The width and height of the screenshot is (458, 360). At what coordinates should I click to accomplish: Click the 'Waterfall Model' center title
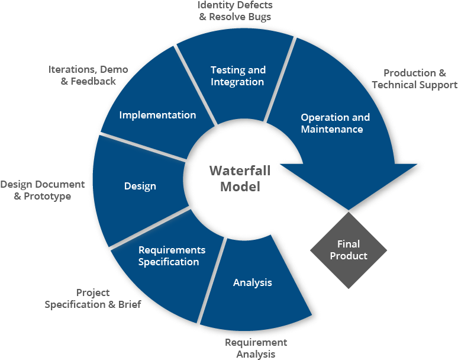tap(240, 178)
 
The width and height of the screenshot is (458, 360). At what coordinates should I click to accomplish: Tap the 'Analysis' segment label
tap(253, 282)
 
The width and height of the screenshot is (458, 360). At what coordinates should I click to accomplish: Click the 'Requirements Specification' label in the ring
tap(171, 256)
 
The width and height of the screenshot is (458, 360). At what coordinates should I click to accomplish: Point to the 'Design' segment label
tap(140, 187)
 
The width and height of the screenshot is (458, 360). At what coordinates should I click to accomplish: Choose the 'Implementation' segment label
tap(157, 115)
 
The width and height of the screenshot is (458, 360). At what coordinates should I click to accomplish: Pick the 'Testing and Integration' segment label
tap(238, 76)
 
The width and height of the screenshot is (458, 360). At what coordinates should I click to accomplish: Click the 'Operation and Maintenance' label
tap(335, 123)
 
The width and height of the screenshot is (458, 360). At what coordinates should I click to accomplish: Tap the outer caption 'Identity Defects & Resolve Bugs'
tap(235, 11)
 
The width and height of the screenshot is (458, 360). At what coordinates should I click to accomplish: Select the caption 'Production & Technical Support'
tap(415, 79)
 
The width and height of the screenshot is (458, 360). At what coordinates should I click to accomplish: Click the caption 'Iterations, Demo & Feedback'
tap(88, 75)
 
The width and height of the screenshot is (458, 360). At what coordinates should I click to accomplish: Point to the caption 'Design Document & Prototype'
tap(43, 190)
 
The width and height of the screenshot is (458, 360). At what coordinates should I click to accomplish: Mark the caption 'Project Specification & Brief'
tap(93, 298)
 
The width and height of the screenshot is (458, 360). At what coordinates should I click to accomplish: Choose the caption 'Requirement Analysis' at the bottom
tap(256, 348)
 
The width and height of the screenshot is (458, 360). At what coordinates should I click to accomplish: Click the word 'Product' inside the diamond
tap(349, 256)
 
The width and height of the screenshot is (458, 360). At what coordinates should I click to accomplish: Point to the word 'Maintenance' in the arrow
tap(332, 129)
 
